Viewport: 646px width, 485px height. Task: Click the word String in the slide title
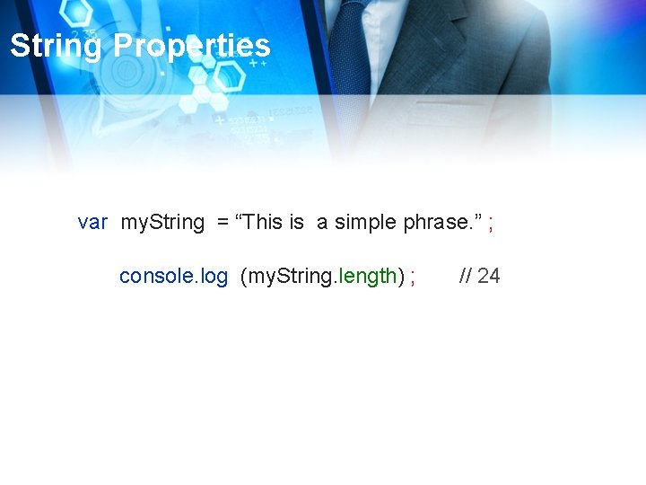click(x=57, y=45)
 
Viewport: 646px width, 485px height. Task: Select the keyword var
click(x=92, y=222)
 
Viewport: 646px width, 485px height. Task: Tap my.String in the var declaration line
click(x=162, y=222)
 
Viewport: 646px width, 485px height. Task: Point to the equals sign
click(x=223, y=222)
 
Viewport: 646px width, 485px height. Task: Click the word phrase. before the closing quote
click(x=438, y=222)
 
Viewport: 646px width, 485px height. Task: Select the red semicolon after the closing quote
click(x=491, y=223)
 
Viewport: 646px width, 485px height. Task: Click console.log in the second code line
click(x=173, y=276)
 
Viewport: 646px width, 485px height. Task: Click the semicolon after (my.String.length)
click(x=412, y=277)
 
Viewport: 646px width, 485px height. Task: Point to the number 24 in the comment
click(x=489, y=276)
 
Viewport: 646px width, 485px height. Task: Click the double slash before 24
click(x=466, y=276)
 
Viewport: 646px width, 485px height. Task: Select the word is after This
click(x=297, y=222)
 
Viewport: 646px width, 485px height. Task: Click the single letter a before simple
click(x=322, y=223)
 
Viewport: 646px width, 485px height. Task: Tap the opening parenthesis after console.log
click(x=244, y=276)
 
